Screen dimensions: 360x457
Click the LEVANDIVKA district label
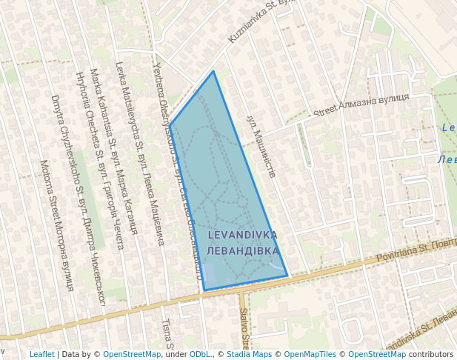coord(243,235)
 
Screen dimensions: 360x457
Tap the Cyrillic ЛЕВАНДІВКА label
coord(243,251)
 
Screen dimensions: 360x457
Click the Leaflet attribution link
coord(41,354)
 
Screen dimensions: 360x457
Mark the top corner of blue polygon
coord(214,71)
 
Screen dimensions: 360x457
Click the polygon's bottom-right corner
coord(287,276)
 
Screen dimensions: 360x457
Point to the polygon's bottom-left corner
coord(204,290)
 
